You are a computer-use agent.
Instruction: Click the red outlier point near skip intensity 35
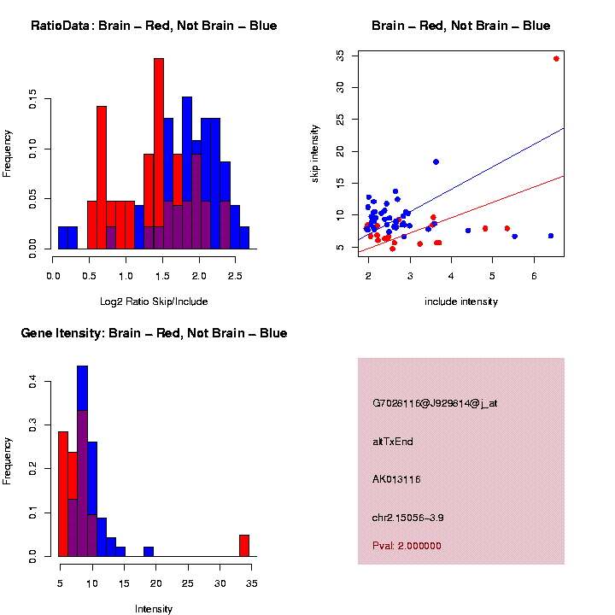556,59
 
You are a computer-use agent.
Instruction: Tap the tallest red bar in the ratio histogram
159,154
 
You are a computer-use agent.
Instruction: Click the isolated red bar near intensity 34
244,546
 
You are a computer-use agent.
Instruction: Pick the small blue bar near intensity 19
149,552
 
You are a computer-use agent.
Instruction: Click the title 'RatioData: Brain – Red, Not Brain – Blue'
154,26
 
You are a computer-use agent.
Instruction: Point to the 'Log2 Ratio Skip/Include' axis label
154,301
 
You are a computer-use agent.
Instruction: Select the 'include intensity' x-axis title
461,301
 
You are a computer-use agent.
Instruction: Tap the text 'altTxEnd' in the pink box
393,442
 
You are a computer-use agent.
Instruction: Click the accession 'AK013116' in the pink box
396,479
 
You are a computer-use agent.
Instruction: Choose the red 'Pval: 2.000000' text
407,546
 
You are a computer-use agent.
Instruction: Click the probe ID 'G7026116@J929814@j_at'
435,403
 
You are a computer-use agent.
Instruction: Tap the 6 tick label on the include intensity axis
534,276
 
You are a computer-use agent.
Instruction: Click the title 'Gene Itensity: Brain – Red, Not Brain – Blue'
154,333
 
